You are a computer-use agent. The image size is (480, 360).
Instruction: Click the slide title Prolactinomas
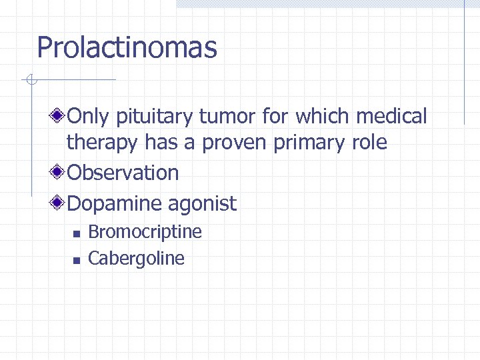point(127,48)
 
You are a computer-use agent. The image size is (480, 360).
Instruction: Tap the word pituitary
point(151,117)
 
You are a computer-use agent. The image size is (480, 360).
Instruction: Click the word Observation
point(123,173)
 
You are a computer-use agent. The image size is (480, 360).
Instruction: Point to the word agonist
point(205,204)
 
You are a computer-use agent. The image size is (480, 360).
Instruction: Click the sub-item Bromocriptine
point(145,231)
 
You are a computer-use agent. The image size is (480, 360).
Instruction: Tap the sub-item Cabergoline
point(136,258)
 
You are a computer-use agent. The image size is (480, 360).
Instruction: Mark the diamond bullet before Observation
point(59,173)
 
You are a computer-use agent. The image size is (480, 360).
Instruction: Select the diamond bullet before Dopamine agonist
point(59,202)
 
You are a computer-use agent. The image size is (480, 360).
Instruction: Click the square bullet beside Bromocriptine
point(76,233)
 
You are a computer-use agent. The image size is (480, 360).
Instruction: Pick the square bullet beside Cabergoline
point(76,260)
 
